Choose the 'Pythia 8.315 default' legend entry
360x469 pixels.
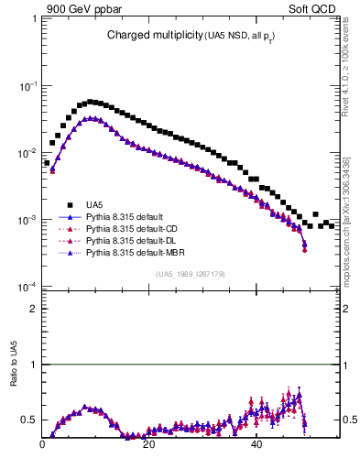128,217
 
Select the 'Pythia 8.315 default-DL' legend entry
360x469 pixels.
134,239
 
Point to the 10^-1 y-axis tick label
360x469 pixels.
27,85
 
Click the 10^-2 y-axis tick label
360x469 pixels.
27,153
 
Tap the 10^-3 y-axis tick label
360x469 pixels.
27,221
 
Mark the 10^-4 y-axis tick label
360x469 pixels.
27,288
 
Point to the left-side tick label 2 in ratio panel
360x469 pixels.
33,310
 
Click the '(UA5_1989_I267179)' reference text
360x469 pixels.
191,274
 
